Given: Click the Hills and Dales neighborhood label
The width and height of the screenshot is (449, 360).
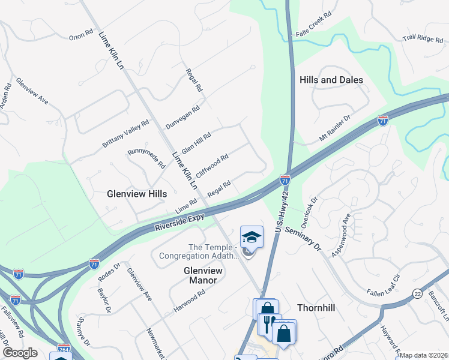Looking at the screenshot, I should pos(331,80).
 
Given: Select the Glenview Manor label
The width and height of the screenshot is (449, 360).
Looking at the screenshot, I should pos(203,275).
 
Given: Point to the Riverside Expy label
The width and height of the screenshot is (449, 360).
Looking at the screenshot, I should pos(179,222).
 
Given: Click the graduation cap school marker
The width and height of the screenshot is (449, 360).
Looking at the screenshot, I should pos(252,238).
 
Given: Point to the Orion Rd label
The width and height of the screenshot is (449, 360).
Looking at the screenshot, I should pos(81,35).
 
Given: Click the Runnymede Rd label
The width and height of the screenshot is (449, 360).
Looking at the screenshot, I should pos(146,157).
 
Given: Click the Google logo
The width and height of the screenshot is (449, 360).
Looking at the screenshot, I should pos(20,353).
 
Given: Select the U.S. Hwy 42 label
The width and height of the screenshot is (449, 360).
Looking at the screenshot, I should pos(279,214).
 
